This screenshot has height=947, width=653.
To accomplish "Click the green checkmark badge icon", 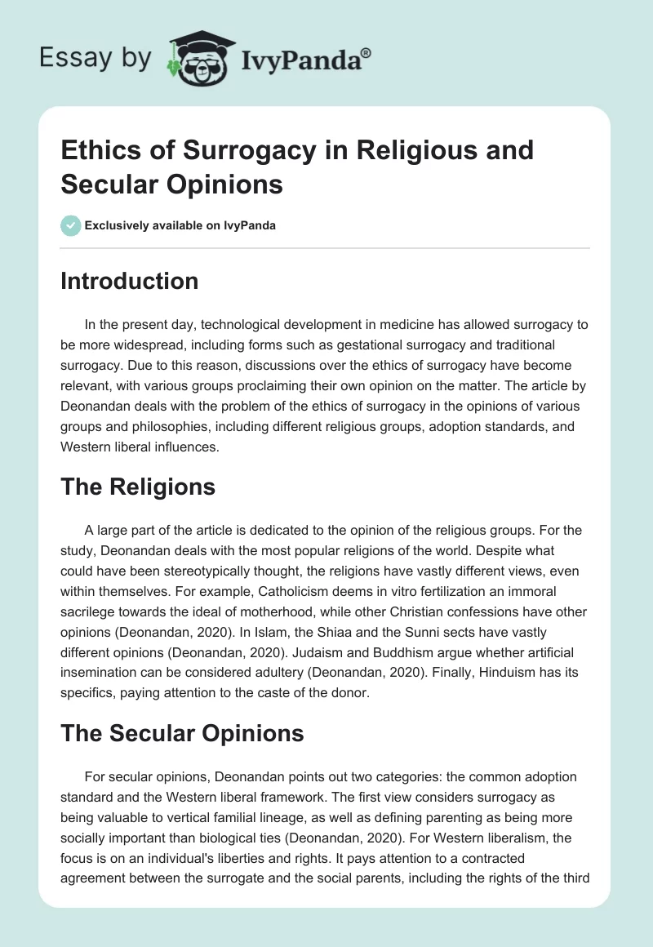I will [71, 226].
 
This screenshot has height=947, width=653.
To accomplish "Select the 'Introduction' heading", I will [130, 281].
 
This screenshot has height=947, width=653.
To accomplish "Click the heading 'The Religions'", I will [138, 487].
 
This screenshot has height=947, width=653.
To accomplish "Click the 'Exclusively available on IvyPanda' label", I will [181, 226].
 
